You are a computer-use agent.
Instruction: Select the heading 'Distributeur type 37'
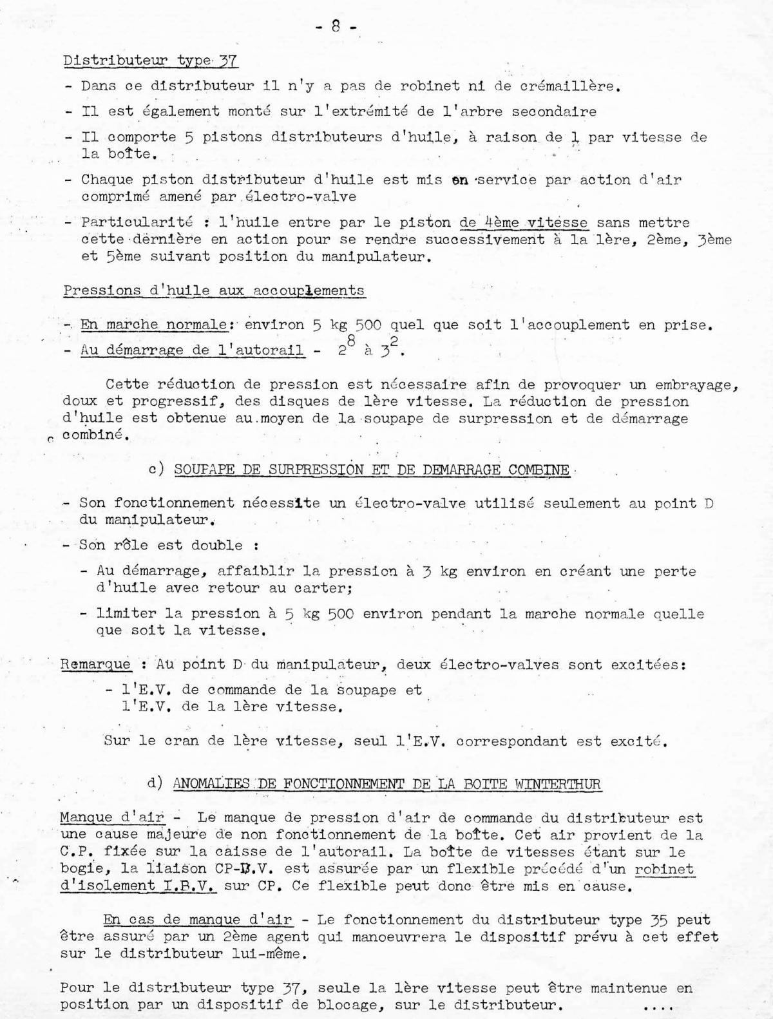(151, 61)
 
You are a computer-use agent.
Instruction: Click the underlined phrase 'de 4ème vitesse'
(523, 223)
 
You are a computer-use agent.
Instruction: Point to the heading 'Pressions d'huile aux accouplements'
(214, 290)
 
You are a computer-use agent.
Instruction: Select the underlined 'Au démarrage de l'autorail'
(192, 350)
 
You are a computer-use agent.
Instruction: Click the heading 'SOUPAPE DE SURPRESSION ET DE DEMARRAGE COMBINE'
(372, 470)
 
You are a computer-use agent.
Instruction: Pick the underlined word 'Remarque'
(95, 665)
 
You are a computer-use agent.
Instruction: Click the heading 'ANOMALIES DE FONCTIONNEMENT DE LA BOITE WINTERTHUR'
(386, 784)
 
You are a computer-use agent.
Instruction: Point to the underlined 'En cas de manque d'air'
(198, 920)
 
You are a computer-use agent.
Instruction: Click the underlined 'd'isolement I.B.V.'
(138, 886)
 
